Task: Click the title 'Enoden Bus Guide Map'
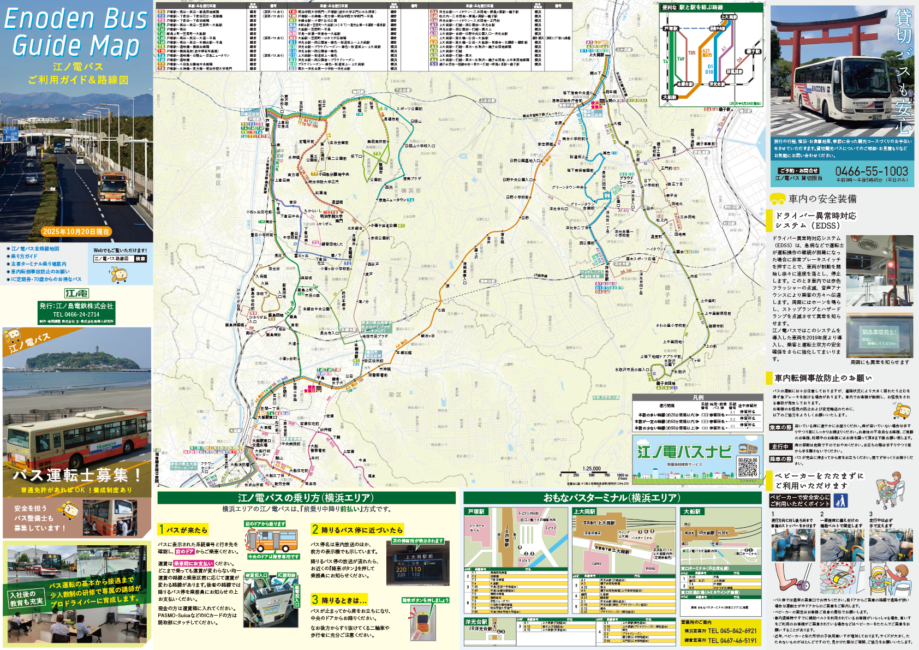76,33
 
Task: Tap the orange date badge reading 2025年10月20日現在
76,231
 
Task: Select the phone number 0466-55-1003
872,171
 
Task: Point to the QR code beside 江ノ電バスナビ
748,467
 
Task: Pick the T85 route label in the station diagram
691,53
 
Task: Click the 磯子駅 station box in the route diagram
753,51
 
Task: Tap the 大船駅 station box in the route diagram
670,97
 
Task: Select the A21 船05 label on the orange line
707,52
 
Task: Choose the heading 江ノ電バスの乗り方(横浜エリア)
306,498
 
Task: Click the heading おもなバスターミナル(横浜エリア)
611,498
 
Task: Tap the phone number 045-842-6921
732,631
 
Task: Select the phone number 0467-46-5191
732,641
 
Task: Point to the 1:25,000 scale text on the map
592,469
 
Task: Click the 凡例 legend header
697,397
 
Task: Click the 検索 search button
141,259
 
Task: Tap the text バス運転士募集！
76,475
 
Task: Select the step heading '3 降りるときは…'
339,600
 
